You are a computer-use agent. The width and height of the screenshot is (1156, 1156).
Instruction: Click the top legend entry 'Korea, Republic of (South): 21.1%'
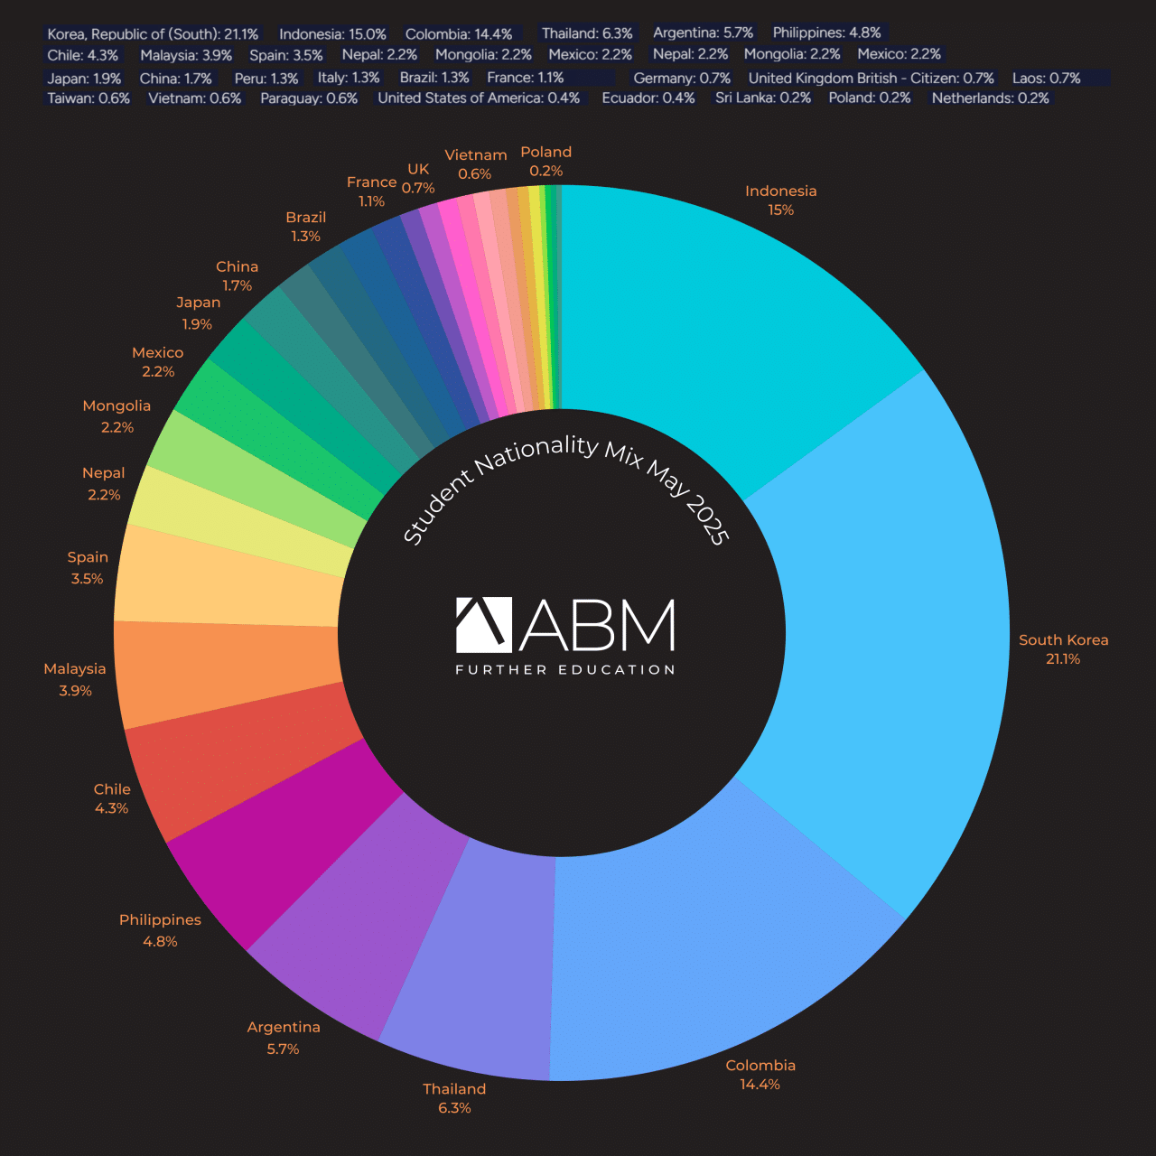[153, 34]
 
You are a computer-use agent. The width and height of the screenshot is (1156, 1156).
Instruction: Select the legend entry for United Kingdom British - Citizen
[871, 79]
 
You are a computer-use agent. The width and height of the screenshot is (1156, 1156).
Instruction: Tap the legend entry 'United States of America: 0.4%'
[479, 98]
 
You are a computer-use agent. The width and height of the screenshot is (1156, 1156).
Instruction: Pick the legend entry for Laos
[1046, 79]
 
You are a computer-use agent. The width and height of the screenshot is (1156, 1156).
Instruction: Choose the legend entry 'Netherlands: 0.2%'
[990, 98]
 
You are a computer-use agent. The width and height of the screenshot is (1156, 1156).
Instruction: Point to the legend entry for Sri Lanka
[763, 98]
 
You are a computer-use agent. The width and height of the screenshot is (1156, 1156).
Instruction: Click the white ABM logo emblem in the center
[483, 624]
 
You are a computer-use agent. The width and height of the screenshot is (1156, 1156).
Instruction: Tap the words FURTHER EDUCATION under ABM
[565, 670]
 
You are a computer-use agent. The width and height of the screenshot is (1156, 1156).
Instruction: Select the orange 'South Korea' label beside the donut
[1063, 639]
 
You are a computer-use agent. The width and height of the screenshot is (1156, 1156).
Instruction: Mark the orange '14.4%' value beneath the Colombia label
[760, 1085]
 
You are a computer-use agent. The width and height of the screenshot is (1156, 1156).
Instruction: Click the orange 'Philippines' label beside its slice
[160, 919]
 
